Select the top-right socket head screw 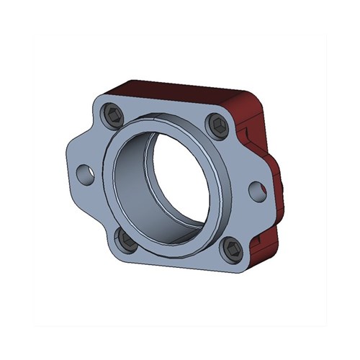(219, 126)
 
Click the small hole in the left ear (86, 173)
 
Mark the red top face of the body (180, 90)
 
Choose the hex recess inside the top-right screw (219, 126)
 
